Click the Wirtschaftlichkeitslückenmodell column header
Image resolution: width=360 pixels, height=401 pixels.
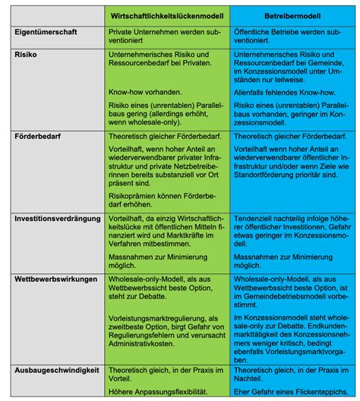point(166,14)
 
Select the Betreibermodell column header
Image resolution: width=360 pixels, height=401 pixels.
point(289,14)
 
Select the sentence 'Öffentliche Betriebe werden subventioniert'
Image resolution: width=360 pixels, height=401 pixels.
point(289,39)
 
